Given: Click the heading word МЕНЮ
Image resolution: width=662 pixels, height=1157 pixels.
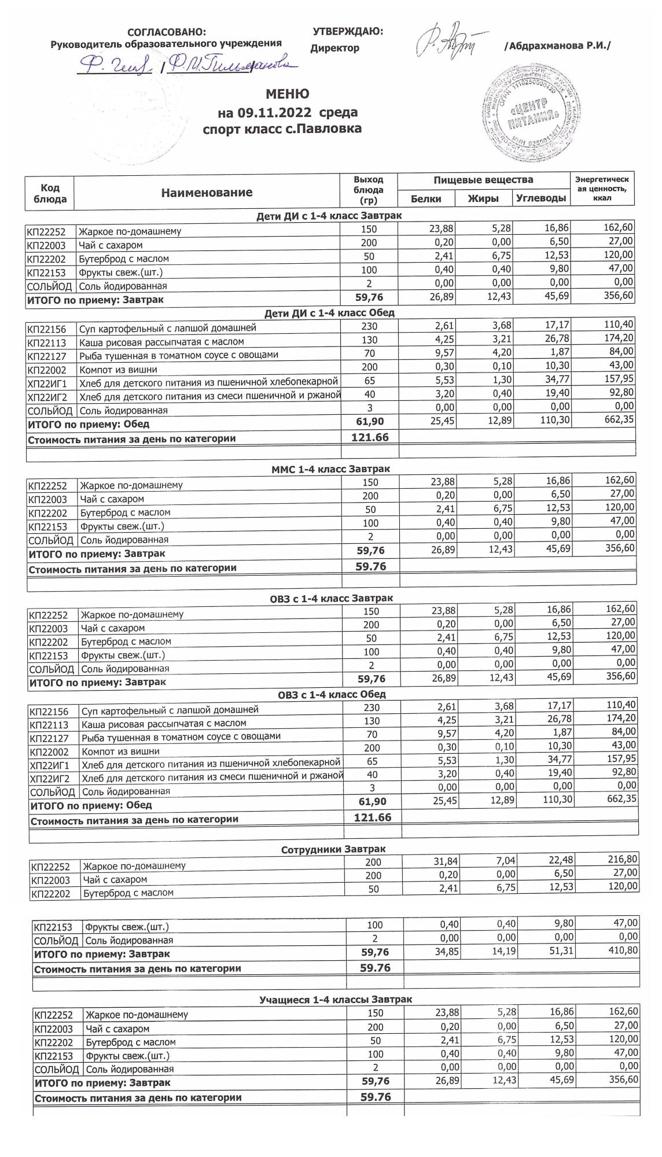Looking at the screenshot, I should coord(287,94).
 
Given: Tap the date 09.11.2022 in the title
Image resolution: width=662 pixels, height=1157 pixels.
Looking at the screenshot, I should coord(273,112).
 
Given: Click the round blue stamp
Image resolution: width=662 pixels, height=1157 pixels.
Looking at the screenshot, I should coord(527,113).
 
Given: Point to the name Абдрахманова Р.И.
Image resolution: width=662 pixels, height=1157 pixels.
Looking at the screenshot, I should coord(557,46).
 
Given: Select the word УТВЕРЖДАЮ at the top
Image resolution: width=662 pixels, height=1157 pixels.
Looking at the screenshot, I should coord(348,32).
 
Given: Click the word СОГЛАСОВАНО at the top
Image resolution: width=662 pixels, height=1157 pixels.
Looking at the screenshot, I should coord(166,32).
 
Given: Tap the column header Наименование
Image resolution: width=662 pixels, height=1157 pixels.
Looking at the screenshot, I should coord(207,193).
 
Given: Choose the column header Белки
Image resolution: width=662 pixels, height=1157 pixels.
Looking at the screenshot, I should coord(426,198).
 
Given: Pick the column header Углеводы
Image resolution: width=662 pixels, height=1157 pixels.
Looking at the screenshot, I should coord(540,198).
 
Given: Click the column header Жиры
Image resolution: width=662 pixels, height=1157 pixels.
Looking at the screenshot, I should coord(483,198).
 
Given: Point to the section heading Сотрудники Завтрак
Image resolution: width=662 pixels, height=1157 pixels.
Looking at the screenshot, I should coord(333,849).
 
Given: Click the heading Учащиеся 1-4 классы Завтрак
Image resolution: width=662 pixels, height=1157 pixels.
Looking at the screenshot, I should coord(336,999).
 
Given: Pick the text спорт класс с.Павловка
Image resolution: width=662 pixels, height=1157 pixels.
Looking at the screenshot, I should coord(282,128).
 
